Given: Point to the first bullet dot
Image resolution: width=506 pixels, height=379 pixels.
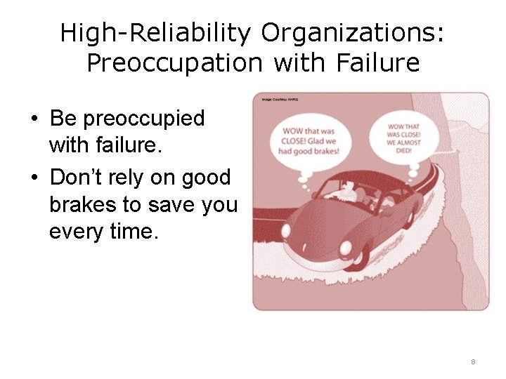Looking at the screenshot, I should click(x=34, y=119).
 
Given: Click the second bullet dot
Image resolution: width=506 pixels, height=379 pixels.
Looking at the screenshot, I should click(x=34, y=178).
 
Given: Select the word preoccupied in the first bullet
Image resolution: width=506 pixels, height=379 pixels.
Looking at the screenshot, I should click(x=144, y=118).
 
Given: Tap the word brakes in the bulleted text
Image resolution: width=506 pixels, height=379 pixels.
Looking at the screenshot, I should click(x=81, y=204).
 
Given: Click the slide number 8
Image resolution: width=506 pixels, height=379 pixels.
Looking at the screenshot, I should click(x=473, y=361).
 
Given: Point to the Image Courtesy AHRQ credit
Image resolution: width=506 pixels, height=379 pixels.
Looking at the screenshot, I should click(x=280, y=100).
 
